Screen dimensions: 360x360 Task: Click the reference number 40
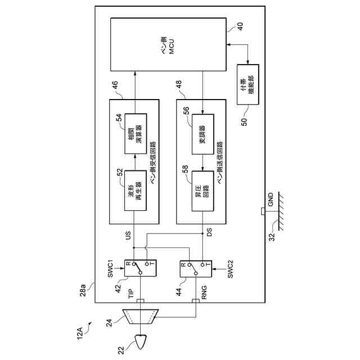click(241, 26)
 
